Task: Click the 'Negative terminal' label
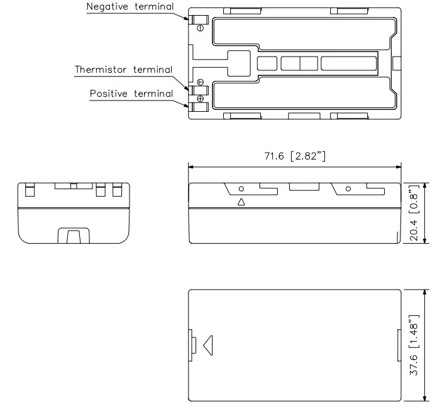(x=130, y=8)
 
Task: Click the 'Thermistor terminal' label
(x=123, y=69)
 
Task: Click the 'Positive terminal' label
(x=131, y=94)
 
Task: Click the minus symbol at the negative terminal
(x=200, y=28)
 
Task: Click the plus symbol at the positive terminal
(x=200, y=99)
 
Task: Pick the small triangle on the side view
(x=241, y=202)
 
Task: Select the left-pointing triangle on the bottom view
(x=208, y=344)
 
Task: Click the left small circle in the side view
(x=241, y=188)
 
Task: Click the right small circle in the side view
(x=348, y=188)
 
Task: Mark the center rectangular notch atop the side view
(x=304, y=186)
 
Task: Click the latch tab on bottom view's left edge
(x=192, y=344)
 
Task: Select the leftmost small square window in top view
(x=267, y=63)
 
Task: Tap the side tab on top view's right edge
(x=397, y=63)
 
